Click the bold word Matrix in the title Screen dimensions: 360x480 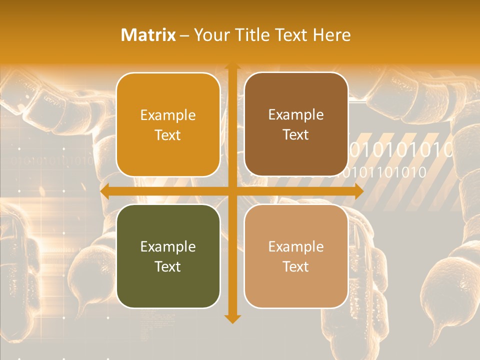point(148,35)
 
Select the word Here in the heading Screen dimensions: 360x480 point(332,35)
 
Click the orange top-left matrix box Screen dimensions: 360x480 point(168,124)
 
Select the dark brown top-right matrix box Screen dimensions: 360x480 point(296,124)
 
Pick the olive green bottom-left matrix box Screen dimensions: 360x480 point(168,256)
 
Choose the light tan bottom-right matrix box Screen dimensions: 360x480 point(296,256)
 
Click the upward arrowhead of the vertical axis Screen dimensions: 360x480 point(232,67)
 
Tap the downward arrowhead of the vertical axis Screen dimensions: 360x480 point(232,318)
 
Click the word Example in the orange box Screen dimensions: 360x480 point(168,115)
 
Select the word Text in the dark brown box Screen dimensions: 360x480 point(296,134)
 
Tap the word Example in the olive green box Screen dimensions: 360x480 point(168,246)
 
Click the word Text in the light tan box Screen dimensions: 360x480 point(296,266)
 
